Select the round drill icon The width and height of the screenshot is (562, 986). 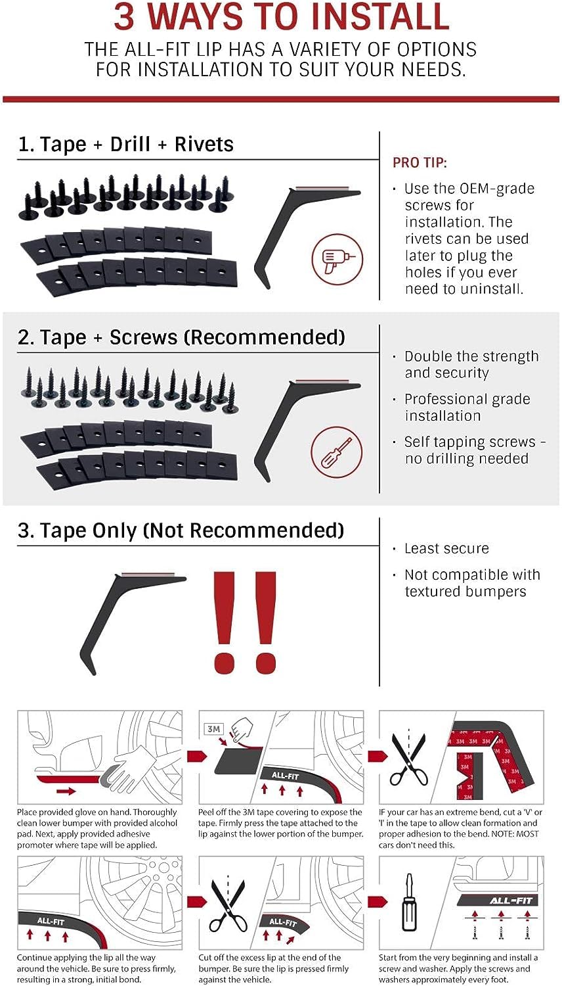point(337,258)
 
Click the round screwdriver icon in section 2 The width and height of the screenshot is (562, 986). point(337,452)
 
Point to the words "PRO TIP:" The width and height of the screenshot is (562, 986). point(420,163)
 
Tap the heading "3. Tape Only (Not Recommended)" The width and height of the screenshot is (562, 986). point(181,530)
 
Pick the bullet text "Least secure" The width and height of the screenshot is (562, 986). point(446,548)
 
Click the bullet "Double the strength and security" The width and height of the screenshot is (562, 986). point(471,365)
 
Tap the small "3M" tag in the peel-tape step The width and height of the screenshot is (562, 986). point(214,729)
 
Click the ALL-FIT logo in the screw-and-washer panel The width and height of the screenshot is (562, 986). point(511,900)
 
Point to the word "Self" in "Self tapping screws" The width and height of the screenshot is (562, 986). point(417,442)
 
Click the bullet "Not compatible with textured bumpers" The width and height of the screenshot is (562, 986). point(471,583)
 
